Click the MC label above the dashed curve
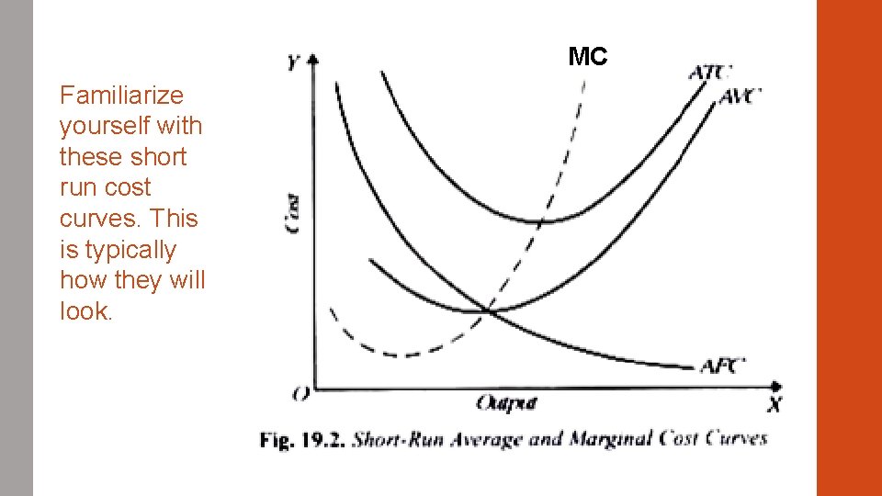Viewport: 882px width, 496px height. pyautogui.click(x=588, y=57)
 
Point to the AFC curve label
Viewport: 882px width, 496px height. pyautogui.click(x=723, y=366)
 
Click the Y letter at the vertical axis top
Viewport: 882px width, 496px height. pyautogui.click(x=293, y=62)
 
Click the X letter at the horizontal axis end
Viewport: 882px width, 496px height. pyautogui.click(x=775, y=404)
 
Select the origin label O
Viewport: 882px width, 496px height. pyautogui.click(x=300, y=395)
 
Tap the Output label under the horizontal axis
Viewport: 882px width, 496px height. pyautogui.click(x=506, y=403)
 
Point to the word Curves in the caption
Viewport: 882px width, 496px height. pyautogui.click(x=736, y=438)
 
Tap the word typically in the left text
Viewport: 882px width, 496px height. pyautogui.click(x=118, y=250)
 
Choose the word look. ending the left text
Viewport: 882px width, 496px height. pyautogui.click(x=86, y=311)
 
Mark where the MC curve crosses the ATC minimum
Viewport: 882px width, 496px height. pyautogui.click(x=540, y=220)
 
